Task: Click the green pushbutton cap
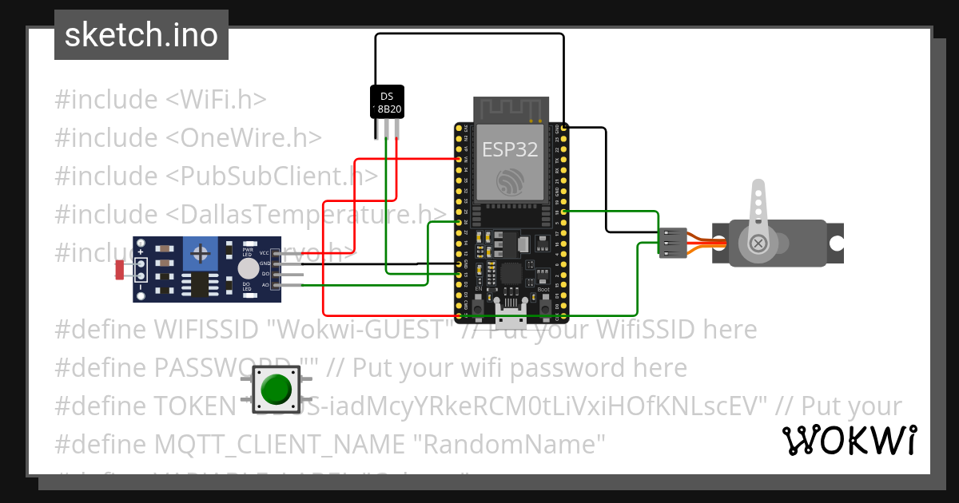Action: (x=276, y=389)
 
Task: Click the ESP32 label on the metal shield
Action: (x=509, y=149)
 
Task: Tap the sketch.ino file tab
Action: (x=141, y=35)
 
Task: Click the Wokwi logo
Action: (x=848, y=440)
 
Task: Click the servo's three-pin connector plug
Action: (x=673, y=242)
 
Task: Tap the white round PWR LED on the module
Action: (x=249, y=268)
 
